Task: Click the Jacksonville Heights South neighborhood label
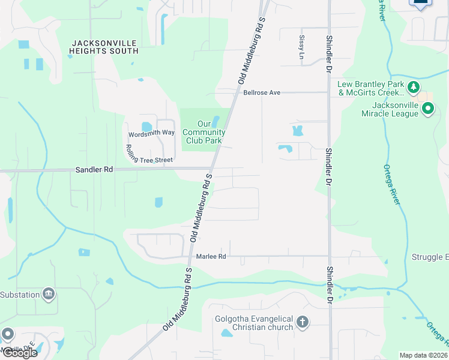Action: click(x=104, y=47)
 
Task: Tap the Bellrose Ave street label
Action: click(x=262, y=93)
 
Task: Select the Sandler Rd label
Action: click(x=94, y=170)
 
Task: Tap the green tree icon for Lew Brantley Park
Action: click(x=413, y=88)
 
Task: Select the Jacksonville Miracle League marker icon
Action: click(x=428, y=109)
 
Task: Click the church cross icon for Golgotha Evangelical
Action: click(x=302, y=323)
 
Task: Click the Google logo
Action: click(x=19, y=353)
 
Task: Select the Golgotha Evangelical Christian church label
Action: click(x=254, y=323)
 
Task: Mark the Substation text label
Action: click(x=19, y=295)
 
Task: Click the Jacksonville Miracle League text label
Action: click(x=391, y=109)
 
